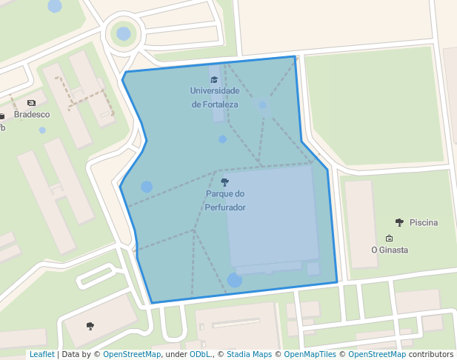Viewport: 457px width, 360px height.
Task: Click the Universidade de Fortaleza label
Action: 215,97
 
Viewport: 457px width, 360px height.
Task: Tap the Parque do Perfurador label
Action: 225,201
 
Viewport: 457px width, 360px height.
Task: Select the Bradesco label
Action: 32,114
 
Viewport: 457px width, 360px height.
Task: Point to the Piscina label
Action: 423,222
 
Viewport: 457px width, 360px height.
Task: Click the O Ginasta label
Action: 390,250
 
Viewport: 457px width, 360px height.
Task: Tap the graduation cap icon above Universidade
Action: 214,79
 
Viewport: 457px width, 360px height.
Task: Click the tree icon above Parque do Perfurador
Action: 225,182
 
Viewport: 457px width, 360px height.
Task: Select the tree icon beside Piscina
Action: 400,222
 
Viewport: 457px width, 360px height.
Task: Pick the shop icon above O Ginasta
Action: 390,238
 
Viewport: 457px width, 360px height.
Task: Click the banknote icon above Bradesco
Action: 31,103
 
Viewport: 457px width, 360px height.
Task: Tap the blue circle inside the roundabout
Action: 124,33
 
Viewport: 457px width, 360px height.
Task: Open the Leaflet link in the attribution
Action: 41,354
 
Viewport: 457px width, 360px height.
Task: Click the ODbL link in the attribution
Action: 200,354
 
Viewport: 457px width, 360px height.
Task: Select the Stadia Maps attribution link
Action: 249,354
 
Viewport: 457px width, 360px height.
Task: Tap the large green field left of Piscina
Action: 374,104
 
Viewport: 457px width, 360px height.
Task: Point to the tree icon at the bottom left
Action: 90,325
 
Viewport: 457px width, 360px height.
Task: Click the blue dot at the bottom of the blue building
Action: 235,280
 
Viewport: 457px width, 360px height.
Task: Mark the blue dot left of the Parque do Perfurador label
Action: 147,187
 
